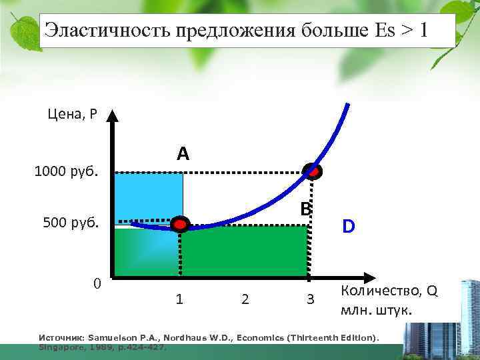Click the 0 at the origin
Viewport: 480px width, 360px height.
[97, 284]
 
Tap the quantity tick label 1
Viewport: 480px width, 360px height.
[179, 299]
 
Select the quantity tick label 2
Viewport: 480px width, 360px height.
[245, 299]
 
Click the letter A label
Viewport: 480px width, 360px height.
[183, 154]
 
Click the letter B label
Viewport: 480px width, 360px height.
[305, 209]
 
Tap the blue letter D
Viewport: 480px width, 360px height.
[349, 227]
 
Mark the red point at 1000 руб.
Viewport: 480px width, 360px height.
[312, 171]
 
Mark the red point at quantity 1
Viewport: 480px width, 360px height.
[179, 224]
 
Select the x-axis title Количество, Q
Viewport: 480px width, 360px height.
[389, 292]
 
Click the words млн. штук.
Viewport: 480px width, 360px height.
[377, 311]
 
